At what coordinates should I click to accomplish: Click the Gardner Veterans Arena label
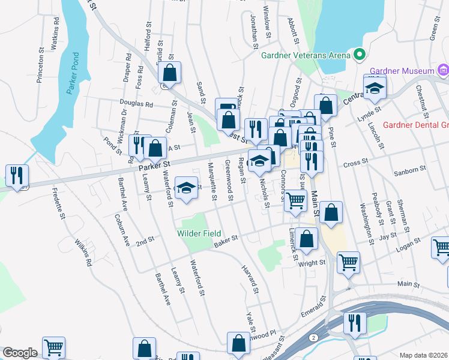[305, 55]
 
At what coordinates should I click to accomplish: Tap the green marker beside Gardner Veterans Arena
[360, 55]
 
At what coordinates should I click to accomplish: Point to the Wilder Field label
[199, 233]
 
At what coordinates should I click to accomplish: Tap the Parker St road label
[155, 163]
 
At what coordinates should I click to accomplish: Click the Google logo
[20, 352]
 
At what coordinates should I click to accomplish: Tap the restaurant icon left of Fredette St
[16, 175]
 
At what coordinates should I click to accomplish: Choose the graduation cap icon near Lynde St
[375, 88]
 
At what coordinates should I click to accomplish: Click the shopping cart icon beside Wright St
[348, 262]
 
